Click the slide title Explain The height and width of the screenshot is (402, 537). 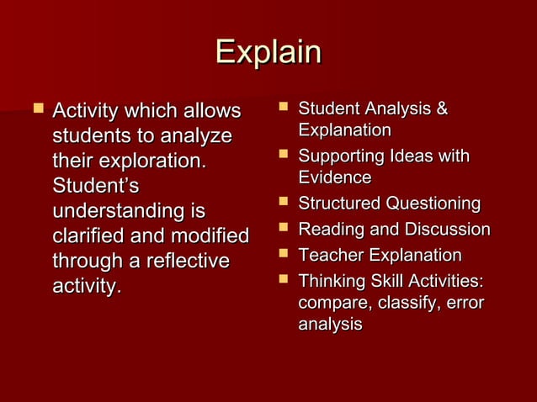(268, 52)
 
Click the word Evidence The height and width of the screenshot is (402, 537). (334, 177)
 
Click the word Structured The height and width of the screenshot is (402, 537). (340, 204)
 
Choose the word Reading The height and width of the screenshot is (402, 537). (330, 230)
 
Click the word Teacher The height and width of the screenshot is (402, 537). (329, 255)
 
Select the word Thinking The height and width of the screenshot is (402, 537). (330, 281)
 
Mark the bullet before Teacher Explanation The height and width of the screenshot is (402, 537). (283, 254)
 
